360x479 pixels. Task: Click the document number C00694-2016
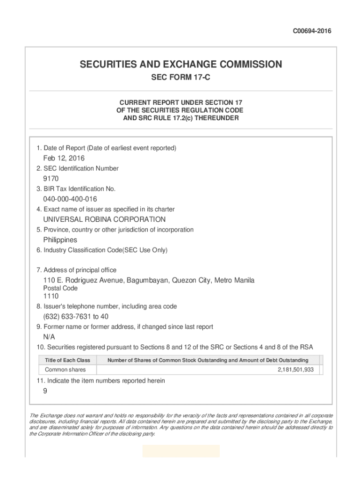tap(312, 31)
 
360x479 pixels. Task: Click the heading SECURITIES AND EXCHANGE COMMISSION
tap(181, 64)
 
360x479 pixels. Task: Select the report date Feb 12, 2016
tap(64, 158)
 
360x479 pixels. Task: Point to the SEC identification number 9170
tap(51, 178)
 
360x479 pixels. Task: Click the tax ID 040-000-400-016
tap(70, 199)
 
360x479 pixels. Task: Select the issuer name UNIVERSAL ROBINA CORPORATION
tap(104, 219)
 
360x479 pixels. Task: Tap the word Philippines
tap(60, 239)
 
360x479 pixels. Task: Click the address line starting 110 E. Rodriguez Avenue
tap(149, 280)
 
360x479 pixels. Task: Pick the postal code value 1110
tap(51, 296)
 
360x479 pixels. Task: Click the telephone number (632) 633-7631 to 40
tap(76, 316)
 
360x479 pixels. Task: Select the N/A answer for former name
tap(49, 337)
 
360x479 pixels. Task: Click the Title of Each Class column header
tap(67, 360)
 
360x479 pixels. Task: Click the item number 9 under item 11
tap(45, 392)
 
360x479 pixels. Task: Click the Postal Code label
tap(60, 288)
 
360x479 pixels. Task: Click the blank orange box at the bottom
tap(181, 451)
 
